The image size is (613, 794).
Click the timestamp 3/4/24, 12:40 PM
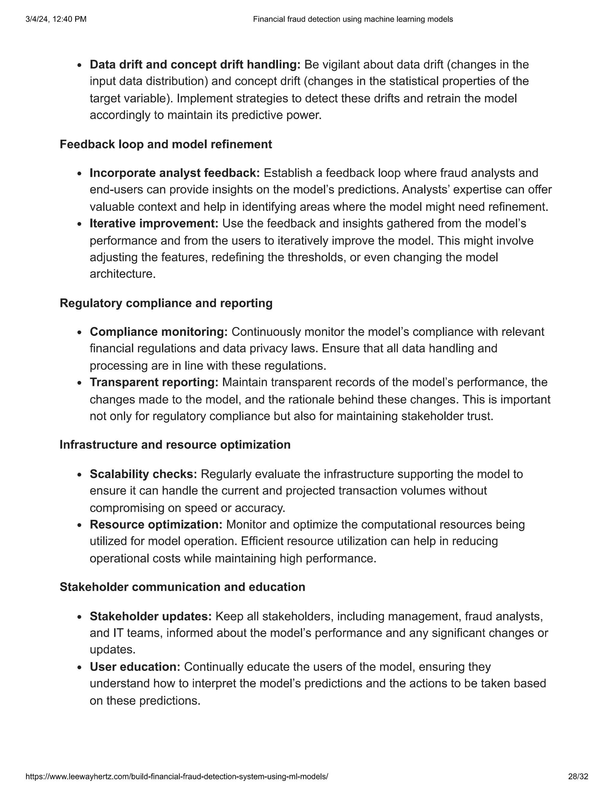tap(56, 19)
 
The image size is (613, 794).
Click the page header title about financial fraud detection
tap(353, 19)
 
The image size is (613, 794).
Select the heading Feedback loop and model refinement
tap(166, 144)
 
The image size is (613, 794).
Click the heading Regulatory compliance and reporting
tap(166, 303)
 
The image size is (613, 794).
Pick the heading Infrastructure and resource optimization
tap(175, 445)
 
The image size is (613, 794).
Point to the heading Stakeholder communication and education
tap(182, 587)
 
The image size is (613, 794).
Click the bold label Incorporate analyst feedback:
tap(175, 173)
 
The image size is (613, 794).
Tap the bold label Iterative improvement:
tap(154, 223)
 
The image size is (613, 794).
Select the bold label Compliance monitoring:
tap(159, 332)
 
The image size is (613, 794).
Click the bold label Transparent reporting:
tap(154, 382)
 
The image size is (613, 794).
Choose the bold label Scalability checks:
tap(143, 474)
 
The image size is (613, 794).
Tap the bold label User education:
tap(135, 667)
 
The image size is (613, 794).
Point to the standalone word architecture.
tap(122, 274)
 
